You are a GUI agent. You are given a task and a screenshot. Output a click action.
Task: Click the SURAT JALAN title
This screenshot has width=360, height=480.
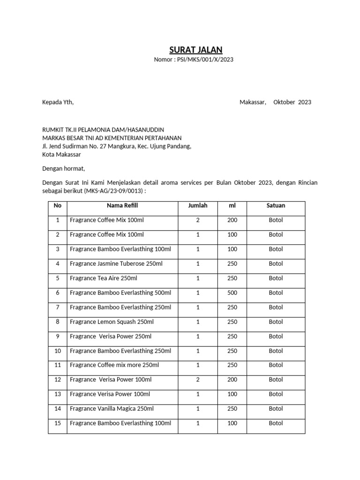196,50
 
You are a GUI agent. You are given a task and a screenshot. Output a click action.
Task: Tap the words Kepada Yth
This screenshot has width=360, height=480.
58,102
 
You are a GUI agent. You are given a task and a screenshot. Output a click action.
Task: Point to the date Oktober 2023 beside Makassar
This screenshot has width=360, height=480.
292,102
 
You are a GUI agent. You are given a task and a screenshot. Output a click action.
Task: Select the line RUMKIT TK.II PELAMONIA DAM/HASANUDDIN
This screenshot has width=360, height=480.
103,129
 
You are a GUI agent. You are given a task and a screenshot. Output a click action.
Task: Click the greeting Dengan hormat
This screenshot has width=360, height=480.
64,168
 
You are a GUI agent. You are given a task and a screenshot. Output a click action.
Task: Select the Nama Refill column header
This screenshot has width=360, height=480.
122,206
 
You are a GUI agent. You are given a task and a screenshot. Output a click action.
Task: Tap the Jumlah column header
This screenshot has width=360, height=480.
197,206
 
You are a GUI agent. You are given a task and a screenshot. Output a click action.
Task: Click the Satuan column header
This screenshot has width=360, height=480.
276,206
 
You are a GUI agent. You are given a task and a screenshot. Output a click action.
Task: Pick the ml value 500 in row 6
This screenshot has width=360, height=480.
232,293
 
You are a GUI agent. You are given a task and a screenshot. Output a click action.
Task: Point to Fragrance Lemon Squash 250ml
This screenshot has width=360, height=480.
112,322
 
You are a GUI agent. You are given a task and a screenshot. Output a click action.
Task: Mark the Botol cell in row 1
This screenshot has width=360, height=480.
276,220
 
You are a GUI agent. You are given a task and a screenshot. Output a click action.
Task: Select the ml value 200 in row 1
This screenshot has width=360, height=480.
232,220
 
